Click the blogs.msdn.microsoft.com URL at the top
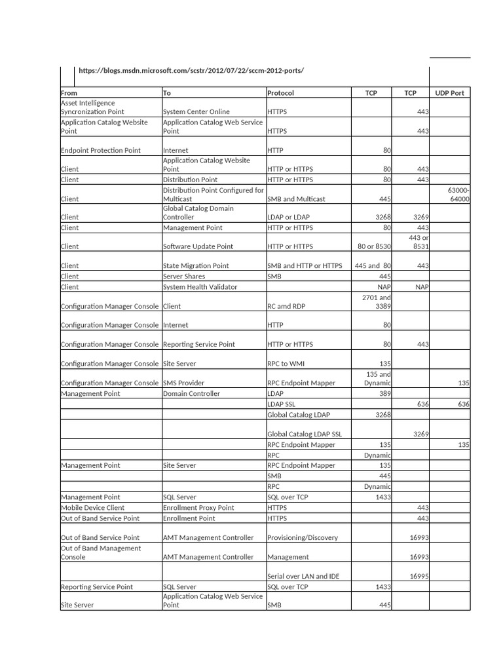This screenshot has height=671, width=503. (x=191, y=71)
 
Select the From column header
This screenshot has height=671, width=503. (x=69, y=93)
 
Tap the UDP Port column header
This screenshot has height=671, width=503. (x=449, y=93)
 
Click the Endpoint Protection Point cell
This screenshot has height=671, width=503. (x=100, y=151)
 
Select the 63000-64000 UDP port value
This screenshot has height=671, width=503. (x=458, y=195)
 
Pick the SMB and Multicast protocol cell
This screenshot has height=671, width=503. (x=296, y=199)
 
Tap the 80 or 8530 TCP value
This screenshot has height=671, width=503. (x=374, y=247)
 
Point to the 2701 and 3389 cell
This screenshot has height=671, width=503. (x=377, y=301)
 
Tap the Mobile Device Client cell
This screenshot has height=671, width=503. (x=92, y=508)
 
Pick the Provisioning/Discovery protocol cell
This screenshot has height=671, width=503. (x=303, y=538)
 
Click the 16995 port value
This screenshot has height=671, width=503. (x=419, y=577)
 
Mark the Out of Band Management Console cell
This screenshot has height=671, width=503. (x=100, y=552)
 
